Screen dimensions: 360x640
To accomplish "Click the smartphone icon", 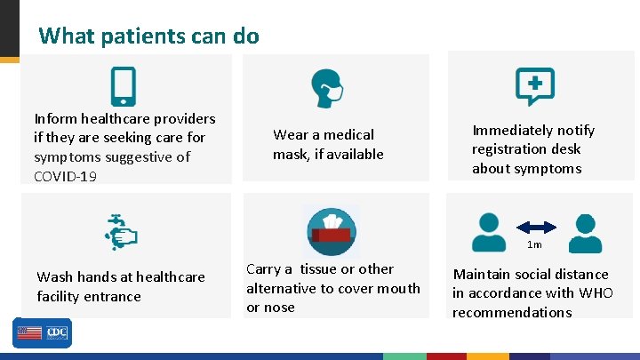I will pos(123,86).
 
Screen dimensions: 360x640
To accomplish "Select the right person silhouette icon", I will pos(584,233).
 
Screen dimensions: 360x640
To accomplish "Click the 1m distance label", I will pos(534,244).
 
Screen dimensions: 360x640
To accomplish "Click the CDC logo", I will pos(57,332).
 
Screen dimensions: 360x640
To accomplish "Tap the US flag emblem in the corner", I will pos(28,332).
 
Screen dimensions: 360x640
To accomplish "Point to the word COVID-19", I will pos(65,176).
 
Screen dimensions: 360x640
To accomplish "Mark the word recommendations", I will pos(512,313).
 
